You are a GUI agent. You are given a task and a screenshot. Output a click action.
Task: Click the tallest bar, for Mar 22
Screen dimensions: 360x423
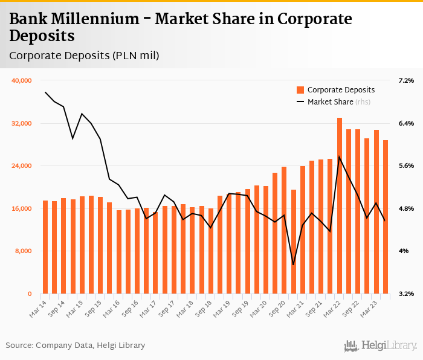tap(340, 205)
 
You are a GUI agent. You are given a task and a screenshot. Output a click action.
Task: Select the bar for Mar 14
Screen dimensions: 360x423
tap(45, 247)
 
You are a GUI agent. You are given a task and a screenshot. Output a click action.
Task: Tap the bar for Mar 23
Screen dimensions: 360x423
tap(376, 211)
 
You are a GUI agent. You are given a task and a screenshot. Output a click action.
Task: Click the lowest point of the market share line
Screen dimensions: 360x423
tap(294, 265)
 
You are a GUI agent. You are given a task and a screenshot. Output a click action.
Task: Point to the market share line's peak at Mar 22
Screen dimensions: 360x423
tap(340, 156)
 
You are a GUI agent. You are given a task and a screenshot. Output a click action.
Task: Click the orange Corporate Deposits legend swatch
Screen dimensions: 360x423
tap(300, 90)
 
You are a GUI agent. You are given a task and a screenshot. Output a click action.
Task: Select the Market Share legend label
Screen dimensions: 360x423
tap(330, 101)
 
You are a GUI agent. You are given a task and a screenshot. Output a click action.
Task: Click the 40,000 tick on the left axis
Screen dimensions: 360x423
tap(22, 80)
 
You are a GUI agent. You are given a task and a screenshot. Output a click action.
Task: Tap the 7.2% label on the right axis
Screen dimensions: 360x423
tap(406, 80)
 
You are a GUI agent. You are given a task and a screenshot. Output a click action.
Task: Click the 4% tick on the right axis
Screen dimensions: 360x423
tap(403, 251)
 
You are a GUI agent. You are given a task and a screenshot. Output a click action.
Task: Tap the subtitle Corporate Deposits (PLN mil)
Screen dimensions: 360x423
tap(84, 56)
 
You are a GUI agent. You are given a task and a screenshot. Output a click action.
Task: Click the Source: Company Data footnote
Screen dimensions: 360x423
tap(76, 346)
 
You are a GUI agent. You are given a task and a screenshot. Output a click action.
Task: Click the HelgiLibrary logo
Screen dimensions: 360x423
tap(381, 346)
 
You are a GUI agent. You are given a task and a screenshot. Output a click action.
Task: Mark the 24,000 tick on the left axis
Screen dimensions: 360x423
tap(22, 166)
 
